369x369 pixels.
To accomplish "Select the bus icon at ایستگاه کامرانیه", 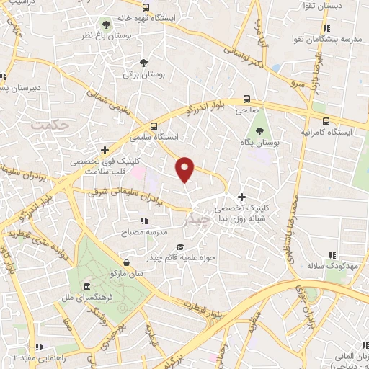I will tap(326, 121).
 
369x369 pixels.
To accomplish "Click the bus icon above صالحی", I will tap(247, 99).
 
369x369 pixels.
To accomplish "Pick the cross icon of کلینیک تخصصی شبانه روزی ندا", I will tap(241, 196).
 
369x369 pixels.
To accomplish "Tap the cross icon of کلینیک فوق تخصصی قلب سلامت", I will tap(105, 151).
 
